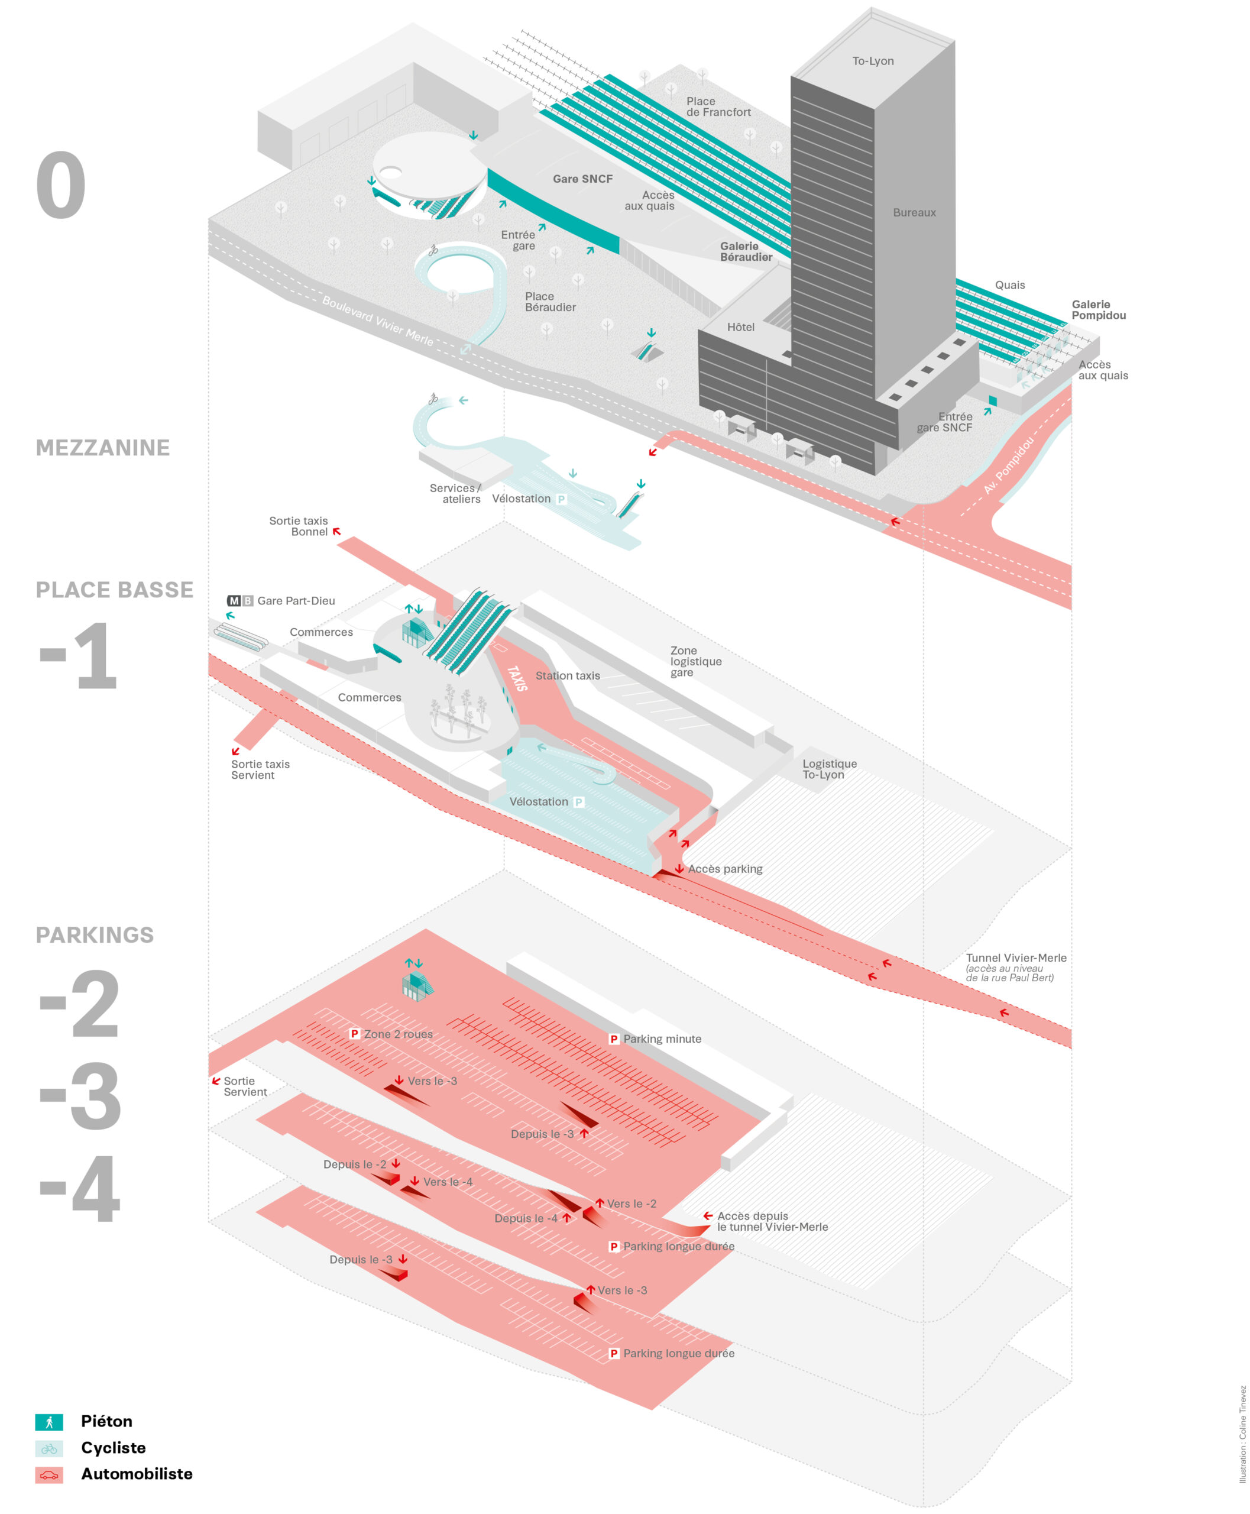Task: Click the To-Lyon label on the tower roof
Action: point(873,62)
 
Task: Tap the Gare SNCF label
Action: point(582,179)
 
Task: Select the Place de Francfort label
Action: point(718,106)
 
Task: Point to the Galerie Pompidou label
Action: point(1098,310)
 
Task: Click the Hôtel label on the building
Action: point(740,327)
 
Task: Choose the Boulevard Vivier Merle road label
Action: point(377,321)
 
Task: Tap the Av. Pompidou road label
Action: point(1009,465)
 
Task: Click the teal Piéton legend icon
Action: point(49,1422)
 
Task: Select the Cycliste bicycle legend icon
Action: point(49,1448)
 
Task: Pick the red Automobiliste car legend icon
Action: point(49,1474)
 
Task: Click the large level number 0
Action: point(61,186)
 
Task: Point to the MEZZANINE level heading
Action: point(103,447)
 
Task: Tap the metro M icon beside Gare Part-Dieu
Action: point(234,601)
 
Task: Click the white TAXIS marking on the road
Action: point(517,678)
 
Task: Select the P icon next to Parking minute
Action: point(614,1039)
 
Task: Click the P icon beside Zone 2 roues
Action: point(354,1034)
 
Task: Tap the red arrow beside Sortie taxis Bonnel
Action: point(336,532)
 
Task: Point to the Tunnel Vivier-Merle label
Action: point(1015,958)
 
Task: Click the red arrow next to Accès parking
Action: point(679,869)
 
